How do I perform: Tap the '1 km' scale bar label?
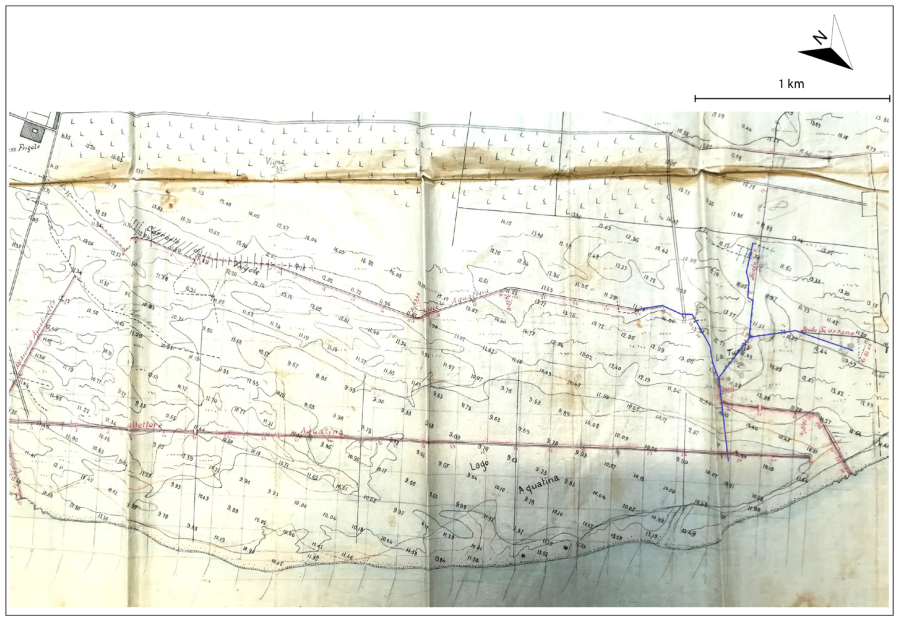point(791,84)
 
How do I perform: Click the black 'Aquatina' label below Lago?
point(539,483)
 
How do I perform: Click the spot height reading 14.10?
point(506,223)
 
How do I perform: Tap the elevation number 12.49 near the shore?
point(689,532)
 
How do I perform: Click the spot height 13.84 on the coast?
point(440,560)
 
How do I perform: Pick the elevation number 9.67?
point(293,364)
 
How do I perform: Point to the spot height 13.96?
point(737,215)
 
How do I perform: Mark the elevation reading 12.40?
point(614,367)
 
